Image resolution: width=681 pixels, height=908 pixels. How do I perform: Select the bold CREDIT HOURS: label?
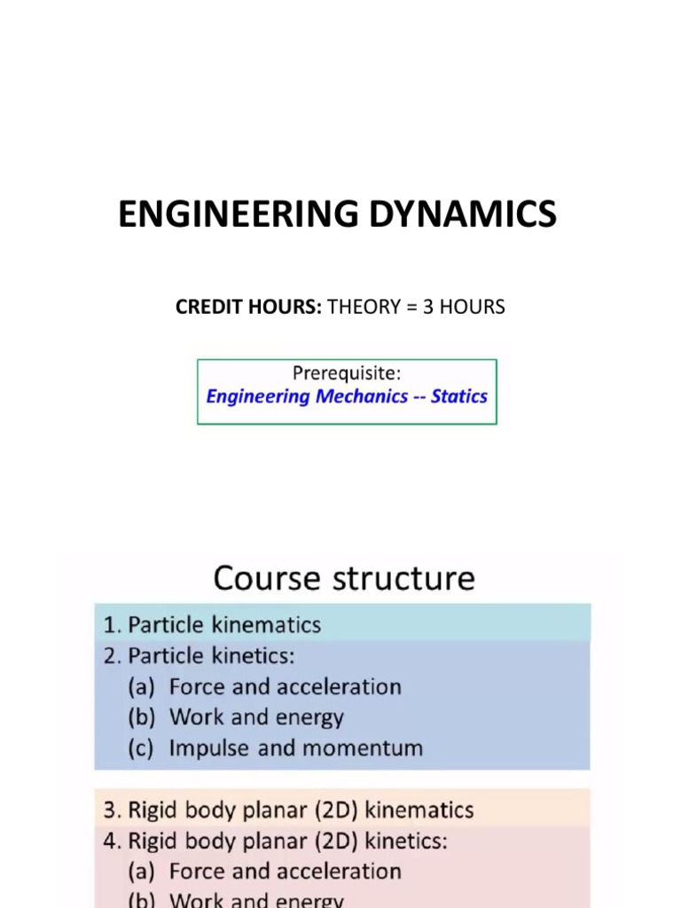click(x=249, y=307)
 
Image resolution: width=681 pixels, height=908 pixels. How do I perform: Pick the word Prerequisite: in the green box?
click(x=346, y=373)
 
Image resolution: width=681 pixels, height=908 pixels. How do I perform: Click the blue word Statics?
click(x=458, y=396)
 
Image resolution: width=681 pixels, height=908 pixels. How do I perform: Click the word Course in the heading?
click(x=267, y=578)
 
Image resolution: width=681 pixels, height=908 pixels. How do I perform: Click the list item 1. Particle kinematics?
click(x=212, y=624)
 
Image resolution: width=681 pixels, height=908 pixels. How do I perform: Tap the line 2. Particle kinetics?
click(x=200, y=656)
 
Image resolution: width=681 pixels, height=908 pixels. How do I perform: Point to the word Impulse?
click(x=209, y=748)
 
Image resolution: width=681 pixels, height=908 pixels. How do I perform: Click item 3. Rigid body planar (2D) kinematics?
click(x=288, y=810)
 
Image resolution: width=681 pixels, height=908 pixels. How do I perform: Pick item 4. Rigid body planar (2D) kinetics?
click(x=276, y=841)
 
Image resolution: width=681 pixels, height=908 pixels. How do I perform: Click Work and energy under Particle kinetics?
click(x=256, y=716)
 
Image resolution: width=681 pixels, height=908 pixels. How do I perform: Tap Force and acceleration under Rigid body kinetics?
click(x=285, y=871)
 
